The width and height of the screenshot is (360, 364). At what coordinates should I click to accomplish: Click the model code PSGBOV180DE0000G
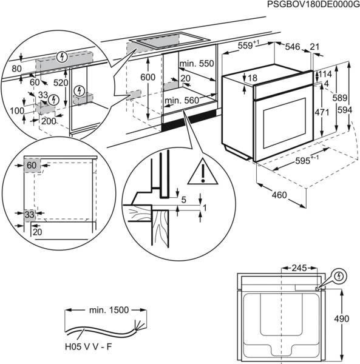click(x=310, y=5)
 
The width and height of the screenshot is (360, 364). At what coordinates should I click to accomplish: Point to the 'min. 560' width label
click(x=182, y=100)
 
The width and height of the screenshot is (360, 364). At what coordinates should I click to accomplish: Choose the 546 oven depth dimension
click(x=293, y=45)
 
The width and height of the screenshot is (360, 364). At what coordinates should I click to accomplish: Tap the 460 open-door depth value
click(x=279, y=195)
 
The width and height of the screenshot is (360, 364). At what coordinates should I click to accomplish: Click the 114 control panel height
click(x=326, y=74)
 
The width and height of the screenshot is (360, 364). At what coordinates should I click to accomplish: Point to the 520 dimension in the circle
click(x=61, y=82)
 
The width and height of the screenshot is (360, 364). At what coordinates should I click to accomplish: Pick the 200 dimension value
click(x=49, y=121)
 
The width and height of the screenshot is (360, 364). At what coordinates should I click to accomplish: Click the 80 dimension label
click(x=16, y=69)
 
